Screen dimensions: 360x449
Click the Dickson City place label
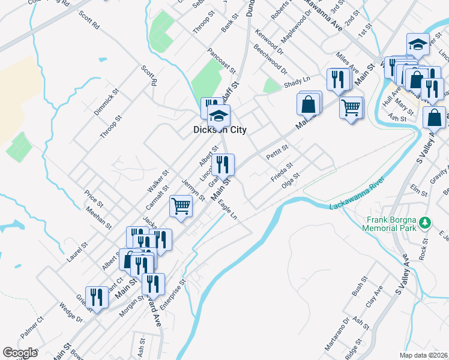click(x=220, y=130)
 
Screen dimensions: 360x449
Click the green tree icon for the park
click(x=426, y=223)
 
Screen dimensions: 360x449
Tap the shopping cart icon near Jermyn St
click(x=181, y=206)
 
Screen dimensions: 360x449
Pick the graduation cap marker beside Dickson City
click(x=219, y=115)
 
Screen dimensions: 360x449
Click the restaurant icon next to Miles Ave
click(x=339, y=79)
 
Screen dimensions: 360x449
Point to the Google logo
click(x=20, y=353)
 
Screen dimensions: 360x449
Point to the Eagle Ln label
click(x=228, y=208)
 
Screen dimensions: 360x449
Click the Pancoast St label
click(x=219, y=58)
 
